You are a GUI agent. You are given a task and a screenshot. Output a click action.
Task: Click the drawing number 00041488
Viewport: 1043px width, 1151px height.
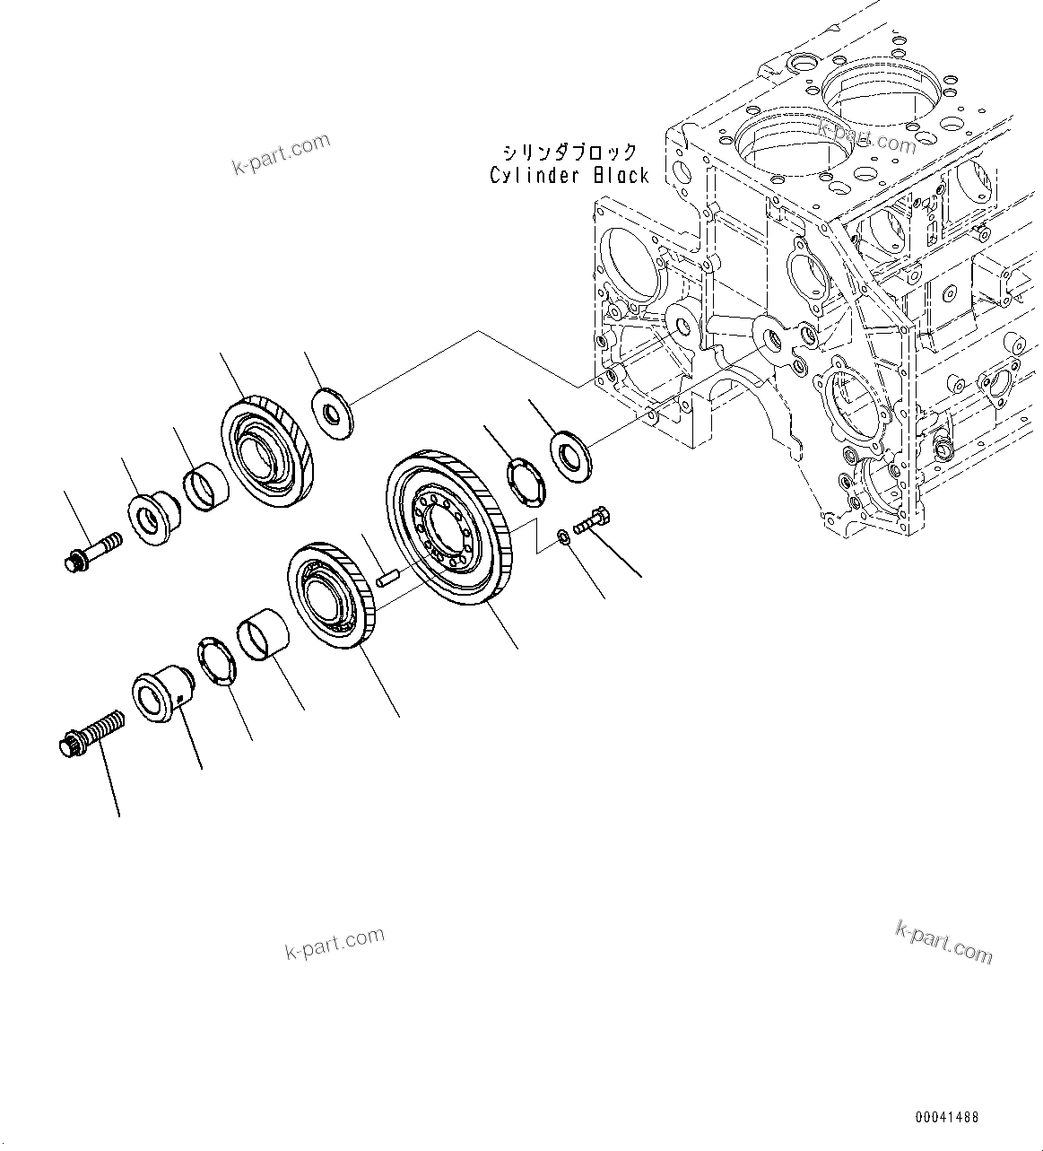point(947,1118)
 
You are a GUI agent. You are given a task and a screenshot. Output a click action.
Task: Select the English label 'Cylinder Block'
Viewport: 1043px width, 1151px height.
point(569,176)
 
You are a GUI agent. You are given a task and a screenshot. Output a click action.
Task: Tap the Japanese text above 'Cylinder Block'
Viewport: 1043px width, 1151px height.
point(569,151)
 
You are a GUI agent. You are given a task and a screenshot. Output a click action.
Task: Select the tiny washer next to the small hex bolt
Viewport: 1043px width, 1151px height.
point(561,536)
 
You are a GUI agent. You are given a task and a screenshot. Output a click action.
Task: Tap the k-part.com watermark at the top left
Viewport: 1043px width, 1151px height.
point(281,154)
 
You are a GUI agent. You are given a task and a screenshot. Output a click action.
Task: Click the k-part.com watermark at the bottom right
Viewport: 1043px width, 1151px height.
point(943,941)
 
